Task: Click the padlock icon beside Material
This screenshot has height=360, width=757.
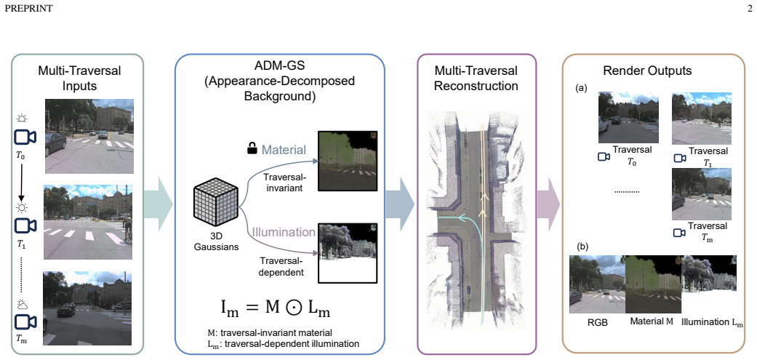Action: pos(252,150)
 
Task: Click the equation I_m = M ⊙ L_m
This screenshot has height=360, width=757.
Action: pos(269,308)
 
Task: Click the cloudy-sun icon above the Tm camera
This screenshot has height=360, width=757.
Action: pos(23,303)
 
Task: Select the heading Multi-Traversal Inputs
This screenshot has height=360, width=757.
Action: pos(80,79)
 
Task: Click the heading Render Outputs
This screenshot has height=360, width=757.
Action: pos(647,71)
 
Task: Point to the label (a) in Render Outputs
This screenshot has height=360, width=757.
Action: pos(582,88)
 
